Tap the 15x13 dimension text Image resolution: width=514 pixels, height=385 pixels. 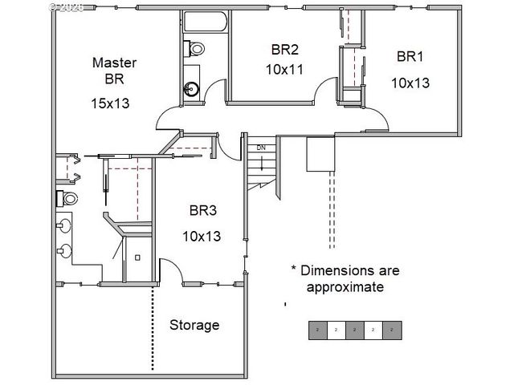[111, 103]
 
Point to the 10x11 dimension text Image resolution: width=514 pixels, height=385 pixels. [284, 69]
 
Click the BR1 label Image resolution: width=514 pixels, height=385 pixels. [410, 57]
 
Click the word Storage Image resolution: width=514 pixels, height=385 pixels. [194, 325]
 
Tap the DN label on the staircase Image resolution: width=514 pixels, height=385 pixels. [261, 148]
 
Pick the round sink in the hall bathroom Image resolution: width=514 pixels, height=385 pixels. [191, 89]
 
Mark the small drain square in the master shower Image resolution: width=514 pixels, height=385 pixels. [137, 257]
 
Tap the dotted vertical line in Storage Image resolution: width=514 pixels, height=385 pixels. [153, 329]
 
